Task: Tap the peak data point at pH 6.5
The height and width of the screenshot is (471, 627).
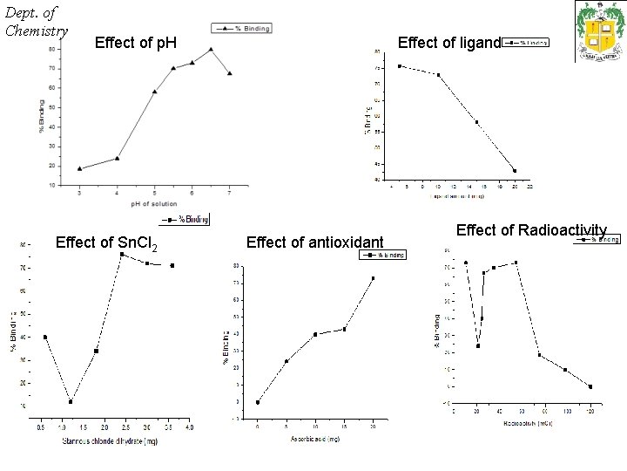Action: click(211, 50)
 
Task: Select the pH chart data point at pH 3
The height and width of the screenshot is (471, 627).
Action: click(80, 169)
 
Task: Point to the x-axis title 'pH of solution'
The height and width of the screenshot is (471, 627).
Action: click(154, 203)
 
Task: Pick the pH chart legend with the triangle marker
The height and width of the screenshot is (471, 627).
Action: click(241, 29)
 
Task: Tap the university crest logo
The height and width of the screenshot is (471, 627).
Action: click(600, 31)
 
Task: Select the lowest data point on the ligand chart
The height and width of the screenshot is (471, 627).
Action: click(515, 171)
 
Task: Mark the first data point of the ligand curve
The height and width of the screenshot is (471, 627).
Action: click(399, 66)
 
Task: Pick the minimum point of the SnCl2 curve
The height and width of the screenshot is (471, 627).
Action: click(71, 401)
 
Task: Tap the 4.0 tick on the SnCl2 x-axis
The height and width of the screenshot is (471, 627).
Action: click(190, 427)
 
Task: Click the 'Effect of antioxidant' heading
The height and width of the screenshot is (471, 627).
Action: click(315, 242)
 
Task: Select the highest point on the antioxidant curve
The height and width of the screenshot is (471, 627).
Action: click(373, 279)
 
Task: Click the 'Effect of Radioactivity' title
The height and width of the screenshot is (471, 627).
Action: click(530, 230)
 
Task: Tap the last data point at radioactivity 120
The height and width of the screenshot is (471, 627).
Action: click(590, 386)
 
